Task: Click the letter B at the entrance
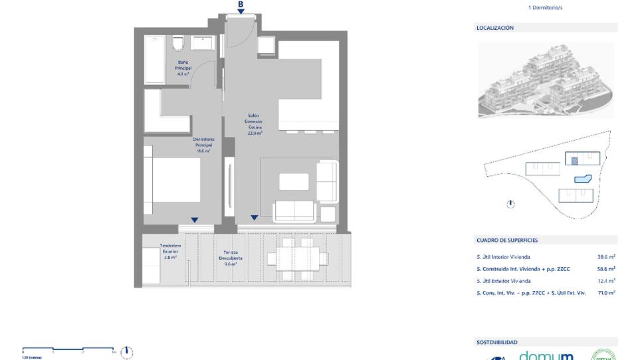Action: pos(241,4)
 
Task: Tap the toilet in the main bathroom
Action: pos(177,43)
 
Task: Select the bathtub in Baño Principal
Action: pos(154,60)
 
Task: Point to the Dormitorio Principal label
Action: pos(203,145)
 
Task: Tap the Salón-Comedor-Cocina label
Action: pos(254,124)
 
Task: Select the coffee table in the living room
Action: pos(294,181)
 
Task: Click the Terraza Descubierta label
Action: pos(231,258)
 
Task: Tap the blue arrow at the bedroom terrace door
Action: pos(194,220)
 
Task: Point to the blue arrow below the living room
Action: pos(255,218)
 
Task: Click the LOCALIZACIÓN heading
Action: pos(494,28)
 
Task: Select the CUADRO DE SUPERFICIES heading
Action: pos(507,240)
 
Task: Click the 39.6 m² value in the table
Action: pos(605,257)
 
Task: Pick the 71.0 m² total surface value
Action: pos(605,292)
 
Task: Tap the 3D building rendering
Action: pos(545,80)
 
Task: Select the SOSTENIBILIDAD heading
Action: pos(496,342)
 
